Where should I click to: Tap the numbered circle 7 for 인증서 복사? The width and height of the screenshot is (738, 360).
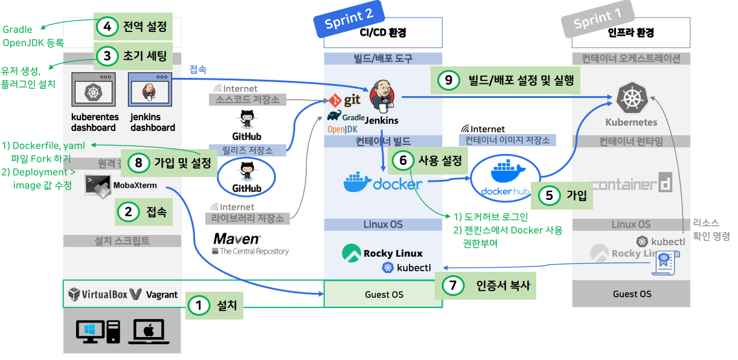453,285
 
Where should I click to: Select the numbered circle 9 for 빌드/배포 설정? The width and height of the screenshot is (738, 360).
448,80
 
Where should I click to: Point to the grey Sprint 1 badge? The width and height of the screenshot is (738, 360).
597,20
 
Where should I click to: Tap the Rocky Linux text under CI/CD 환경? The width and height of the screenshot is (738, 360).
393,253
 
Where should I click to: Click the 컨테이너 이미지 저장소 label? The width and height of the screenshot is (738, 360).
507,140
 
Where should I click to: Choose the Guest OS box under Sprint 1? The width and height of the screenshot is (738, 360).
632,294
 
